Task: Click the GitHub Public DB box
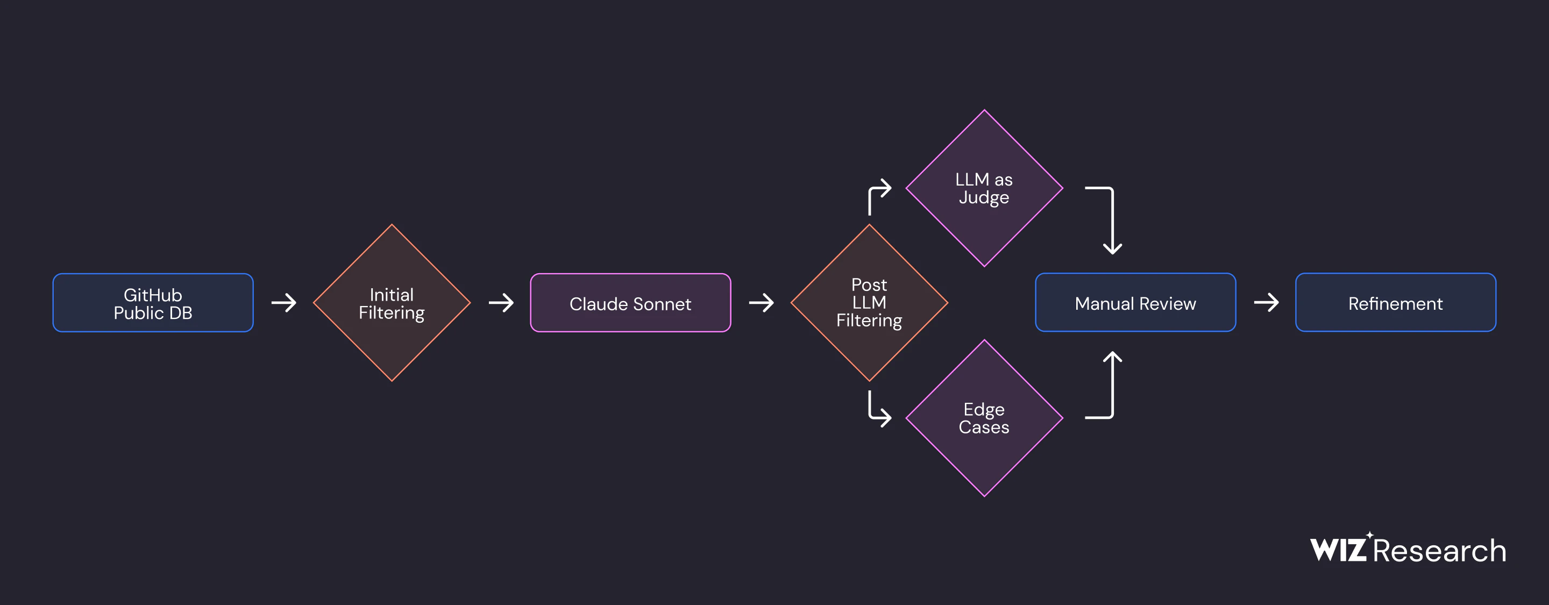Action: [x=153, y=302]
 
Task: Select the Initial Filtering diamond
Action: [x=392, y=302]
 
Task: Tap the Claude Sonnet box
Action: [x=630, y=302]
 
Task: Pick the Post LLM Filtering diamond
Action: [x=869, y=302]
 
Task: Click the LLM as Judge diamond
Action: [x=984, y=188]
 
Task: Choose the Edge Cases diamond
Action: [x=984, y=418]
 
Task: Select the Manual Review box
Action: [x=1135, y=302]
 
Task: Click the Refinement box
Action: [x=1395, y=302]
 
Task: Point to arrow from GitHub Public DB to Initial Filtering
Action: [x=284, y=302]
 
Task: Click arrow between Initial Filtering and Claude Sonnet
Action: [x=501, y=302]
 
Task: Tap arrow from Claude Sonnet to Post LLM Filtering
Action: [x=761, y=302]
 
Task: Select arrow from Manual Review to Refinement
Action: [x=1267, y=302]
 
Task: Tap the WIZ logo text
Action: [x=1339, y=549]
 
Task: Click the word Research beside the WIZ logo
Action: [x=1440, y=551]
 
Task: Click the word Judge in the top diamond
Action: [x=984, y=198]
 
